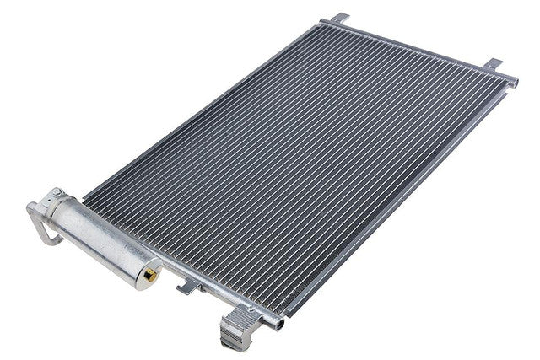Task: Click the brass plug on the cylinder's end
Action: pyautogui.click(x=150, y=273)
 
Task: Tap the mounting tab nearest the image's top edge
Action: pyautogui.click(x=338, y=18)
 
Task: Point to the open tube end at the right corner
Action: pyautogui.click(x=513, y=80)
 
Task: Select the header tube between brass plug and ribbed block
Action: pyautogui.click(x=202, y=291)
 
